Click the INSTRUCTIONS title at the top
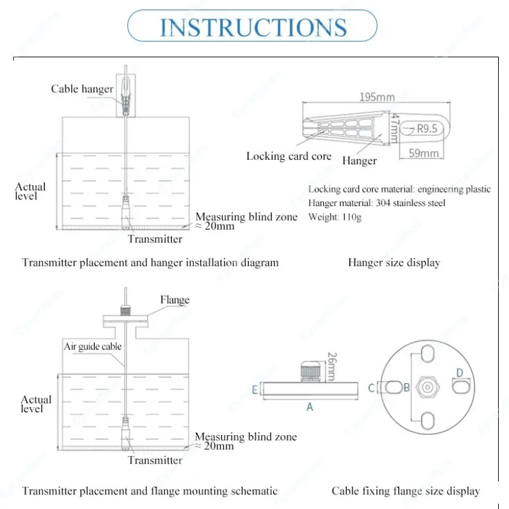(253, 27)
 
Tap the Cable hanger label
(82, 89)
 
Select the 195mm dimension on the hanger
(377, 97)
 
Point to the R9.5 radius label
(427, 129)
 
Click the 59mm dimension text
(422, 153)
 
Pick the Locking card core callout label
(289, 156)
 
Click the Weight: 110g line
(335, 217)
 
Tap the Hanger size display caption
(394, 262)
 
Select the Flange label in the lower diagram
(174, 300)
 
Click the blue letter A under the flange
(310, 407)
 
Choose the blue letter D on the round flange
(459, 372)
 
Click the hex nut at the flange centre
(428, 386)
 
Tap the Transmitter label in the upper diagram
(155, 239)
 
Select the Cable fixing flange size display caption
(405, 491)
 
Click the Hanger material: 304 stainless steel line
(377, 203)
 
